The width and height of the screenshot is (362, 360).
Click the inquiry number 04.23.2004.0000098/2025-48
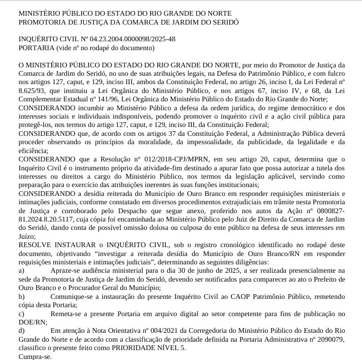pyautogui.click(x=133, y=39)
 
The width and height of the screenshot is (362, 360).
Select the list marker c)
pyautogui.click(x=21, y=313)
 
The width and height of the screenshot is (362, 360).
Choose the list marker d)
pyautogui.click(x=21, y=330)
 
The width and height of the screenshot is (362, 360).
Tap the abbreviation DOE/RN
pyautogui.click(x=32, y=322)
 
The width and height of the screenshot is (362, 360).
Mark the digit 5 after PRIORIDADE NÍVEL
pyautogui.click(x=183, y=347)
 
